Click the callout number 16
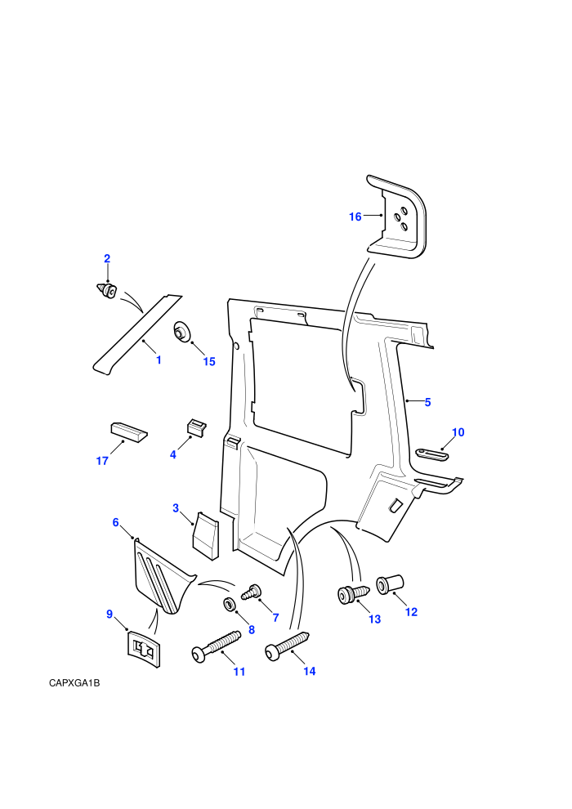(355, 217)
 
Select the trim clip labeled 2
(106, 290)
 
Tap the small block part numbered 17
(129, 431)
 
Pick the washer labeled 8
(229, 603)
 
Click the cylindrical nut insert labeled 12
(390, 584)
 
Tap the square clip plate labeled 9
(143, 649)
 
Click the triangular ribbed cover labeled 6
(162, 577)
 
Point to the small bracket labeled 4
(196, 427)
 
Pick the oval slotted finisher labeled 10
(431, 454)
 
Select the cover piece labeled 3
(205, 534)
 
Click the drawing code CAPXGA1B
(74, 683)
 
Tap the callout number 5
(427, 402)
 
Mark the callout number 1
(159, 360)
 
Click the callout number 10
(458, 432)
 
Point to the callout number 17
(102, 461)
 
